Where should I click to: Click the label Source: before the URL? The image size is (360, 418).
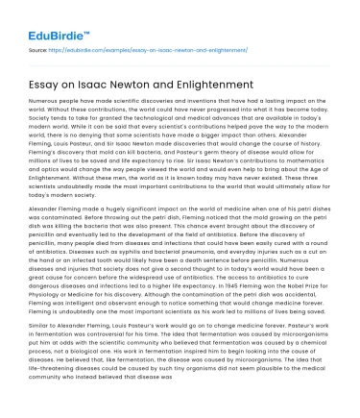(39, 45)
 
